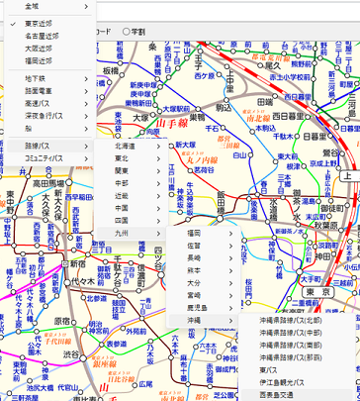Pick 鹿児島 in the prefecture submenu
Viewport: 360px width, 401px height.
point(198,308)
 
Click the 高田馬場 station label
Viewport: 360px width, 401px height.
point(48,183)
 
